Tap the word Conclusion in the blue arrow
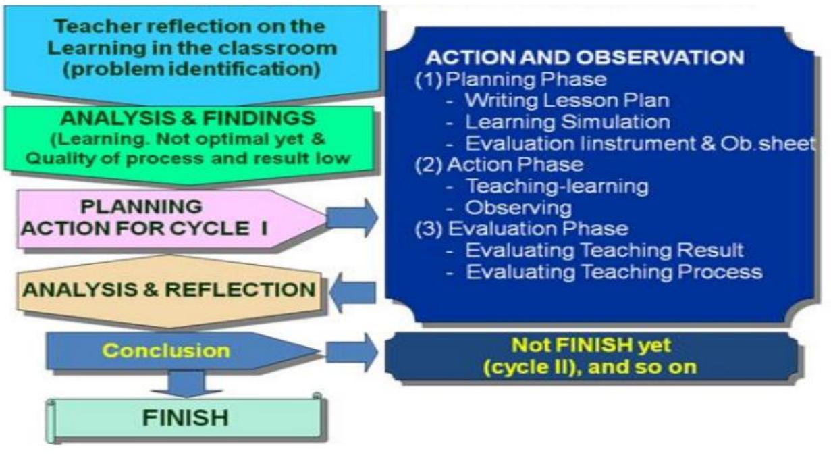166,351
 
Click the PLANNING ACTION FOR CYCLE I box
145,217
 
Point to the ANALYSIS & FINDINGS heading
188,118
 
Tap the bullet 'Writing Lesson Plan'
567,101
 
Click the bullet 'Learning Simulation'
567,122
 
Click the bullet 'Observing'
518,207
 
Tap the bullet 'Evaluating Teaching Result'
604,250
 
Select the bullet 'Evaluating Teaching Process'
614,272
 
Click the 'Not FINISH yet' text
592,345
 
